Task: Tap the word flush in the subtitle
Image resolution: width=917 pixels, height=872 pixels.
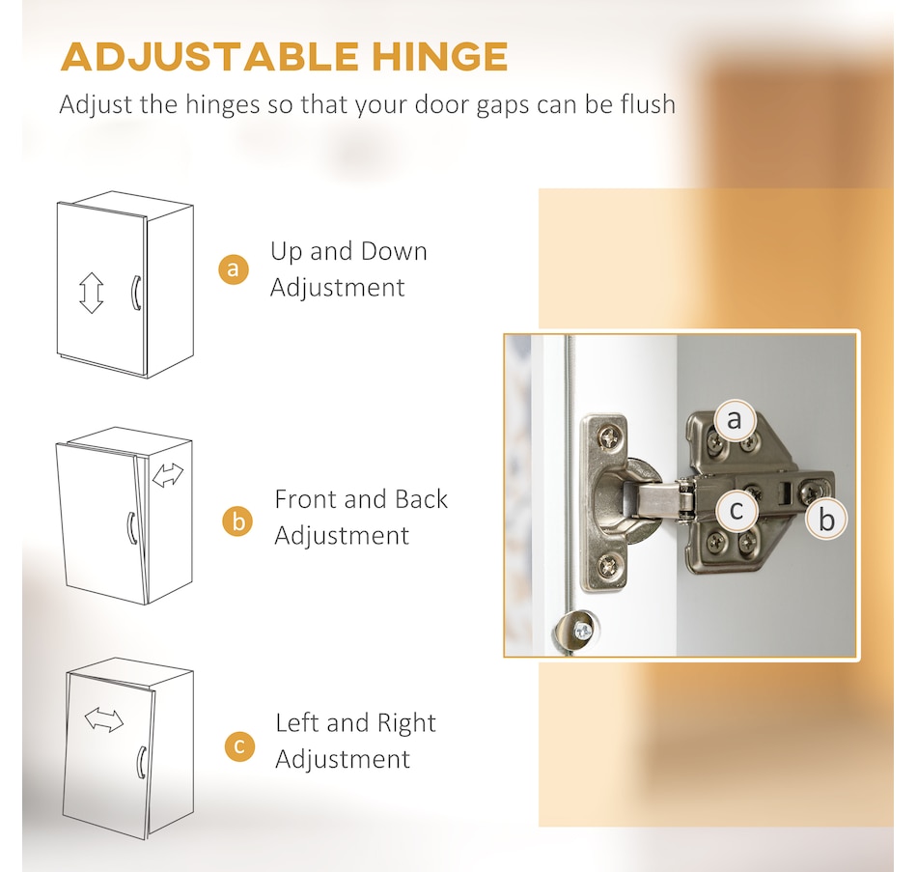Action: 641,103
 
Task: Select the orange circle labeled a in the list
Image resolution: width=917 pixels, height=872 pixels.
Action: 233,268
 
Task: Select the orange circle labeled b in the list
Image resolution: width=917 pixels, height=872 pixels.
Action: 236,521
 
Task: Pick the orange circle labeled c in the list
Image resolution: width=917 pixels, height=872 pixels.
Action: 239,746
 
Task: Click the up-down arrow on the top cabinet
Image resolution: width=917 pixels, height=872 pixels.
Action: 91,292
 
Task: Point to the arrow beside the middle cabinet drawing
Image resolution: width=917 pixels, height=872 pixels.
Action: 168,474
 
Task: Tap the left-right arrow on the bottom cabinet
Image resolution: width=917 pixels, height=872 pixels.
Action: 103,719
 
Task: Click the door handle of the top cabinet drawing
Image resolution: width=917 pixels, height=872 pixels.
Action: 137,292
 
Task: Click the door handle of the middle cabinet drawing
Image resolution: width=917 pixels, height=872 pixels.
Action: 130,527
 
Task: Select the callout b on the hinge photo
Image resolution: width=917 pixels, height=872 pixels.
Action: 825,519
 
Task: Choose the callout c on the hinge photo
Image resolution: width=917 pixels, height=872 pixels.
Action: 736,509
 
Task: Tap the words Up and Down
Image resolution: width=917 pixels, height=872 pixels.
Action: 348,251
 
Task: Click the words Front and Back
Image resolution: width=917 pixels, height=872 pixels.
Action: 361,499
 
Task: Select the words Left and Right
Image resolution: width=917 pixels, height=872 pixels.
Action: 355,723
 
